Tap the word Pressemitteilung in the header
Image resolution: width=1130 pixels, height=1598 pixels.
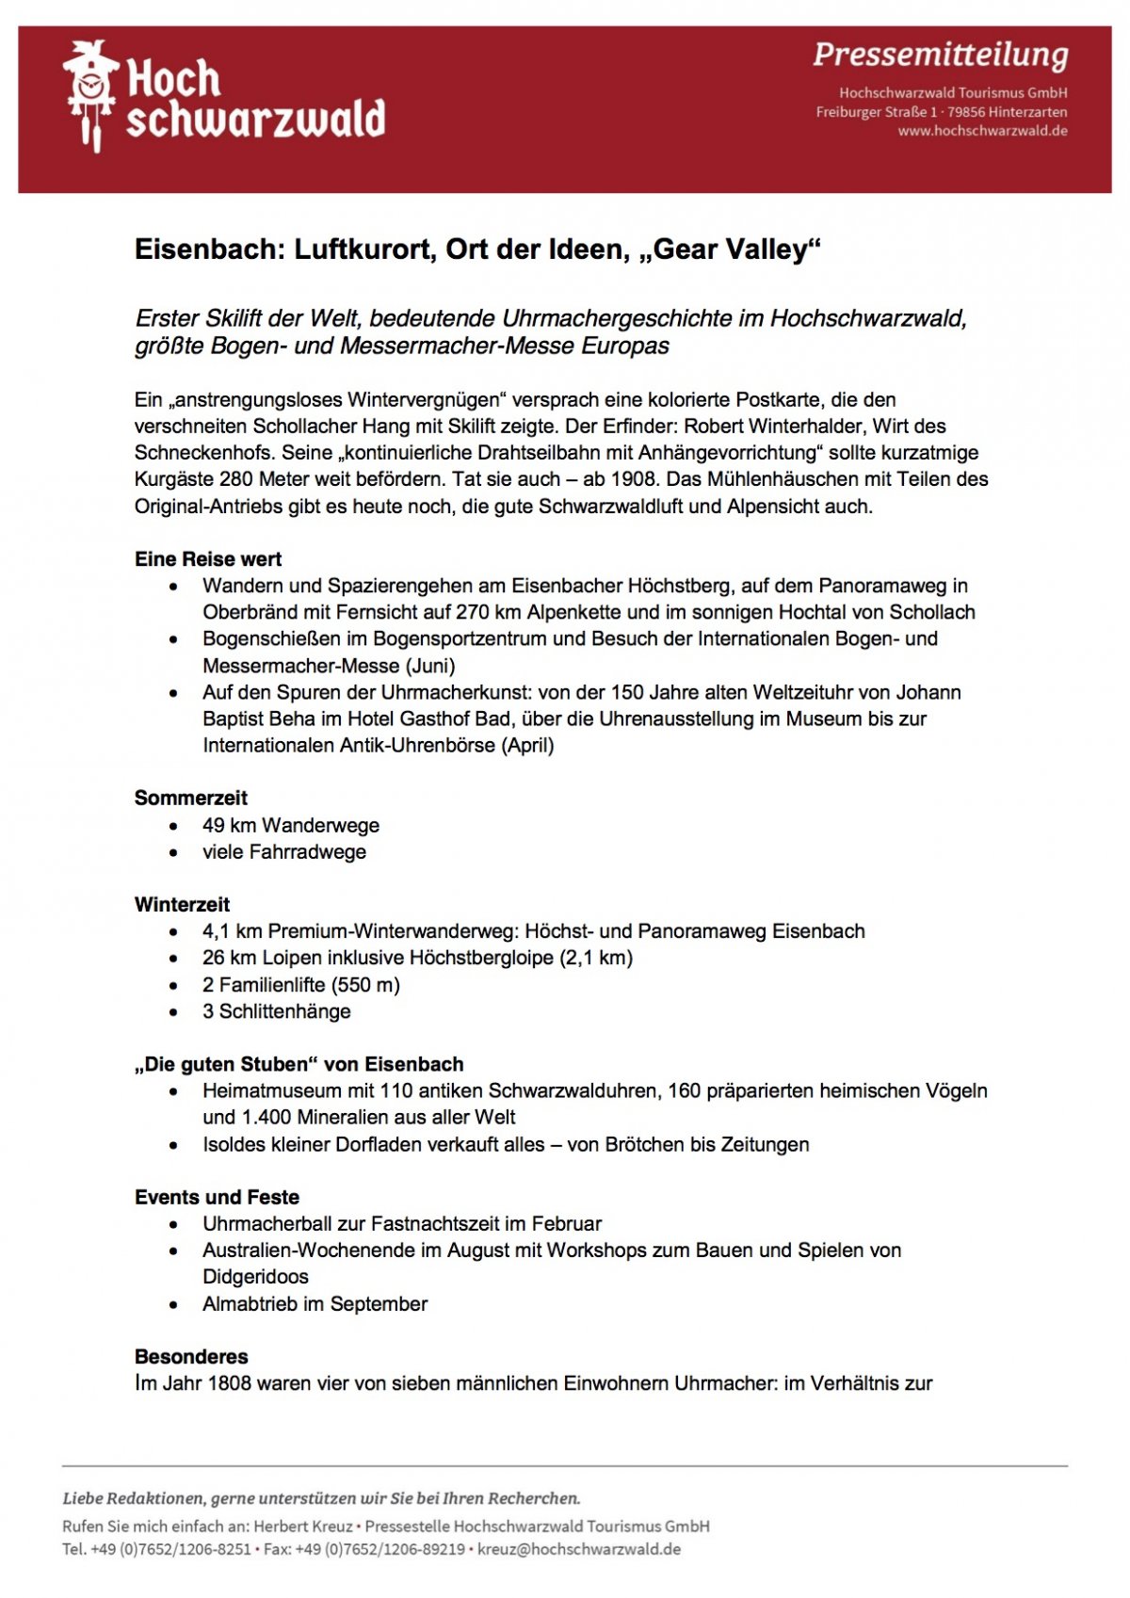[x=940, y=55]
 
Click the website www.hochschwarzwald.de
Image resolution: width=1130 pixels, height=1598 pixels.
[x=982, y=131]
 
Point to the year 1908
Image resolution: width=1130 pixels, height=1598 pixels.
[x=634, y=479]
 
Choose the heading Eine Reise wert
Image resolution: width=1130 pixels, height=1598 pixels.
[x=208, y=559]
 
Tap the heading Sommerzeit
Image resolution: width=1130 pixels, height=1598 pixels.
[x=190, y=799]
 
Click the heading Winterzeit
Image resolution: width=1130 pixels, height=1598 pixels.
[x=182, y=905]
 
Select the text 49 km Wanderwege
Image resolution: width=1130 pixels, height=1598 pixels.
[x=290, y=826]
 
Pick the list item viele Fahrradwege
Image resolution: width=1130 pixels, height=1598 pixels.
[x=283, y=852]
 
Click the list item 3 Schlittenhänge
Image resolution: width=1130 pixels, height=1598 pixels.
[x=276, y=1011]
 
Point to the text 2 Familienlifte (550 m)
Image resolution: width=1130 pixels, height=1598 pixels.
[x=300, y=985]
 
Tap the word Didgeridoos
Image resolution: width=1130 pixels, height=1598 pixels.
[x=255, y=1277]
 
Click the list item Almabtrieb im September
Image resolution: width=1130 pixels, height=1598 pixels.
[x=315, y=1304]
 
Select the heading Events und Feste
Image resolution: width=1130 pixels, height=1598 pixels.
[x=217, y=1198]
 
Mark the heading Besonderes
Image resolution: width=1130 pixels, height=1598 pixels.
[x=191, y=1357]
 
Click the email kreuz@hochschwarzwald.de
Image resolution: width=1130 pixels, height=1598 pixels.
[x=578, y=1549]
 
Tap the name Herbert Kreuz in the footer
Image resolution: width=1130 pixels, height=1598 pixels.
[x=302, y=1526]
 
